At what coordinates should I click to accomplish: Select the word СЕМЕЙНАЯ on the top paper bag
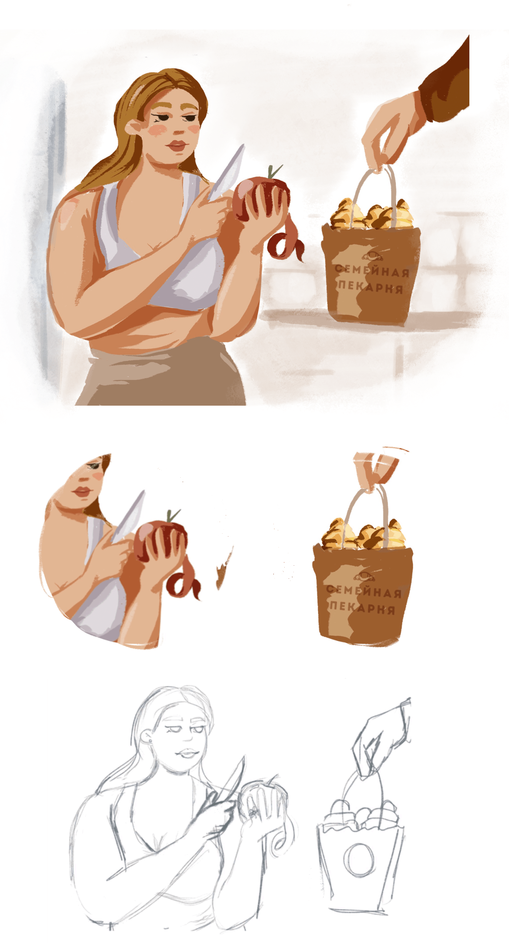(x=372, y=271)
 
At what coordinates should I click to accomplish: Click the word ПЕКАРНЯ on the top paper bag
(x=370, y=287)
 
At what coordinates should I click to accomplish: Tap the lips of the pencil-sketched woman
(x=188, y=753)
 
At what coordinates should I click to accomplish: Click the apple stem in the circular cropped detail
(x=172, y=516)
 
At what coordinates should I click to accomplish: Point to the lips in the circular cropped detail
(x=82, y=491)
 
